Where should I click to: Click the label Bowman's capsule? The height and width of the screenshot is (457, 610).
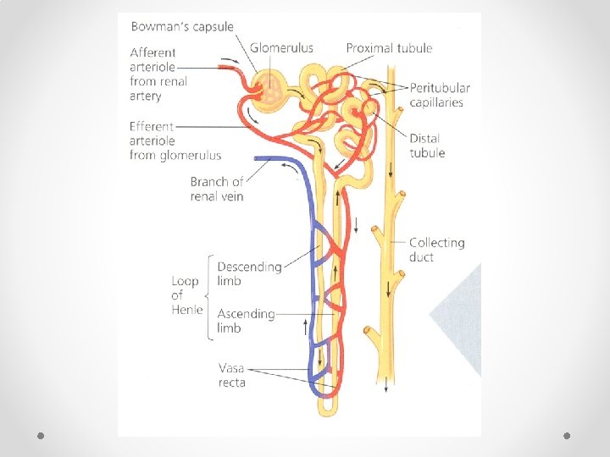pyautogui.click(x=181, y=26)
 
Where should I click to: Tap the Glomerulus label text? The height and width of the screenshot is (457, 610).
pyautogui.click(x=282, y=48)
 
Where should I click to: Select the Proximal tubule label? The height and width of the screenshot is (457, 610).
pyautogui.click(x=389, y=48)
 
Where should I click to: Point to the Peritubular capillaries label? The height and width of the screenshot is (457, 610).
pyautogui.click(x=440, y=95)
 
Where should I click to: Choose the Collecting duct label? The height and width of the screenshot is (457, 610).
pyautogui.click(x=436, y=250)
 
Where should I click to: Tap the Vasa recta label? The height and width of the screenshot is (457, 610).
pyautogui.click(x=232, y=375)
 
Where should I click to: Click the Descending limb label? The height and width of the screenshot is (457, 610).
pyautogui.click(x=249, y=273)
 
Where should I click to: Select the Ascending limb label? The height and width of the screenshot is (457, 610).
pyautogui.click(x=246, y=321)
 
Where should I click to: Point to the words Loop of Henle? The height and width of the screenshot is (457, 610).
pyautogui.click(x=186, y=295)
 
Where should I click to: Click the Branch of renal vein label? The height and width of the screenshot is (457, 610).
pyautogui.click(x=217, y=189)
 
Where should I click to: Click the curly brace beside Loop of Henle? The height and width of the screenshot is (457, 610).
pyautogui.click(x=208, y=296)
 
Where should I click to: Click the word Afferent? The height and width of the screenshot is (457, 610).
pyautogui.click(x=153, y=52)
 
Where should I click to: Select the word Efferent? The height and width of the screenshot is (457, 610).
pyautogui.click(x=152, y=126)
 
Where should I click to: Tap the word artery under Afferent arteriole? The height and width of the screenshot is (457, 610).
pyautogui.click(x=146, y=96)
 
